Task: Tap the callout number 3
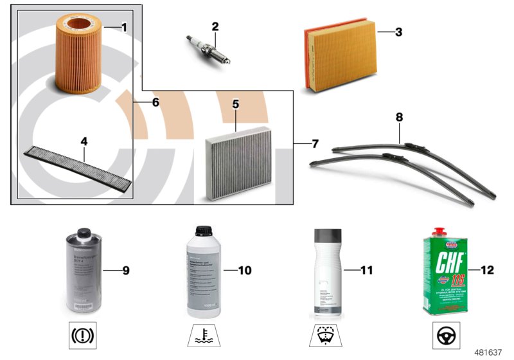(x=399, y=32)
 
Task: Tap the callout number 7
(x=315, y=142)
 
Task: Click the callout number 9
(x=126, y=271)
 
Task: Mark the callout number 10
(x=244, y=271)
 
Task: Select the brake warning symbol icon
(x=82, y=336)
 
